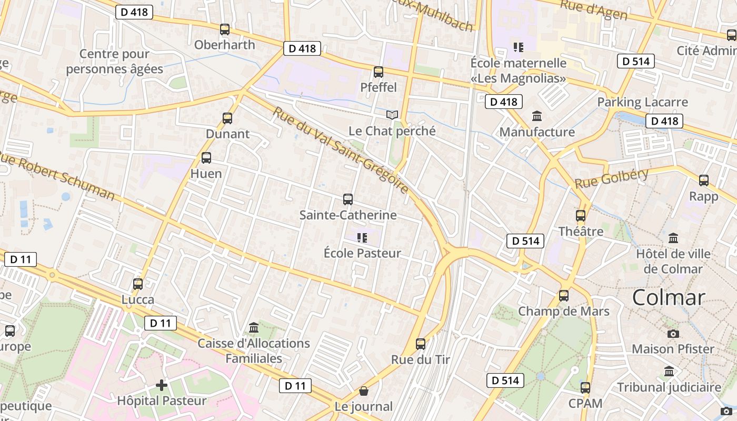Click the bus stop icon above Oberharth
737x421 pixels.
pyautogui.click(x=225, y=29)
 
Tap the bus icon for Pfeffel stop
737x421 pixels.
pyautogui.click(x=378, y=72)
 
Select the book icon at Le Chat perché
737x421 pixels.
pyautogui.click(x=392, y=115)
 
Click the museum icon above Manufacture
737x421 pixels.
pyautogui.click(x=537, y=116)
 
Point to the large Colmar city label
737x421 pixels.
pyautogui.click(x=668, y=298)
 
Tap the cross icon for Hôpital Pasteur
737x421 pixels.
pyautogui.click(x=162, y=385)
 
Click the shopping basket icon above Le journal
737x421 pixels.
pyautogui.click(x=363, y=391)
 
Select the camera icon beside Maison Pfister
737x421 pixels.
pyautogui.click(x=673, y=334)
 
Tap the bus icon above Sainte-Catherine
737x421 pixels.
pyautogui.click(x=347, y=199)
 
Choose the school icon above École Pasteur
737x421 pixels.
pyautogui.click(x=362, y=238)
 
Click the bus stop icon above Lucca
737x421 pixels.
pyautogui.click(x=138, y=284)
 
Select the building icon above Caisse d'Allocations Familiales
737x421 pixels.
pyautogui.click(x=254, y=328)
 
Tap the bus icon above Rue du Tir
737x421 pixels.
pyautogui.click(x=420, y=344)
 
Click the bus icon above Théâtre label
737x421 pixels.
pyautogui.click(x=581, y=216)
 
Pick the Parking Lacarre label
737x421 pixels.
pyautogui.click(x=642, y=102)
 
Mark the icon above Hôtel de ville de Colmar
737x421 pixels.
pyautogui.click(x=673, y=238)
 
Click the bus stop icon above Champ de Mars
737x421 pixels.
pyautogui.click(x=564, y=296)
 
